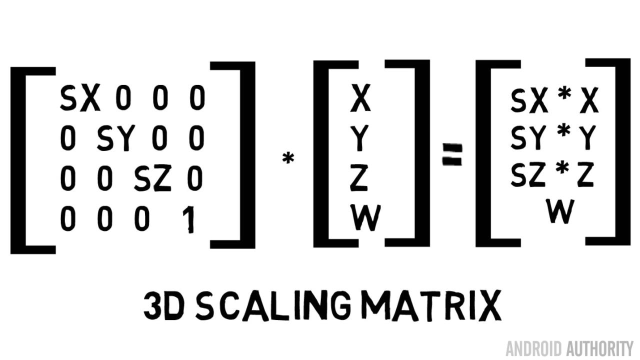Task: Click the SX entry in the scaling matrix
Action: click(79, 98)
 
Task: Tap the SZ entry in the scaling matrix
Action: click(152, 179)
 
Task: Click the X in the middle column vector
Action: click(360, 98)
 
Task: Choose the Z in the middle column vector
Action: click(359, 179)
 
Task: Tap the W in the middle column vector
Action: click(365, 219)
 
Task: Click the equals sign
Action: click(452, 154)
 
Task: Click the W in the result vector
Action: click(559, 212)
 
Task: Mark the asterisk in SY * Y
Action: click(563, 132)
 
